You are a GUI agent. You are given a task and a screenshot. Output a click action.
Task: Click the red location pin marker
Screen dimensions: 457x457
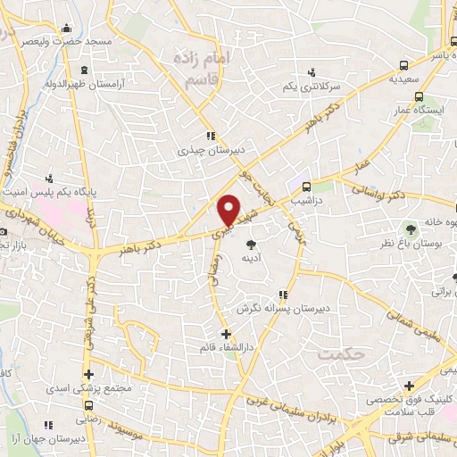[229, 211]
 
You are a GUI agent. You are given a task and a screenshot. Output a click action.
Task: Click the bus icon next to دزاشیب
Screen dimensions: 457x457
[307, 187]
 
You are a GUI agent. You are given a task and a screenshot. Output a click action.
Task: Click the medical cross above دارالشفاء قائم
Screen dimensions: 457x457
[225, 334]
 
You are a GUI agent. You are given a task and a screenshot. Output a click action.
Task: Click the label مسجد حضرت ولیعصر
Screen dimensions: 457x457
[68, 41]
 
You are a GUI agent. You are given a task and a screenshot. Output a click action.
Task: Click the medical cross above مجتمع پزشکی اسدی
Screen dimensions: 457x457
[88, 374]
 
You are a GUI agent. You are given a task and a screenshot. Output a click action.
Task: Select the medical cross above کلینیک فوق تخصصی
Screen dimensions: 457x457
[409, 386]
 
